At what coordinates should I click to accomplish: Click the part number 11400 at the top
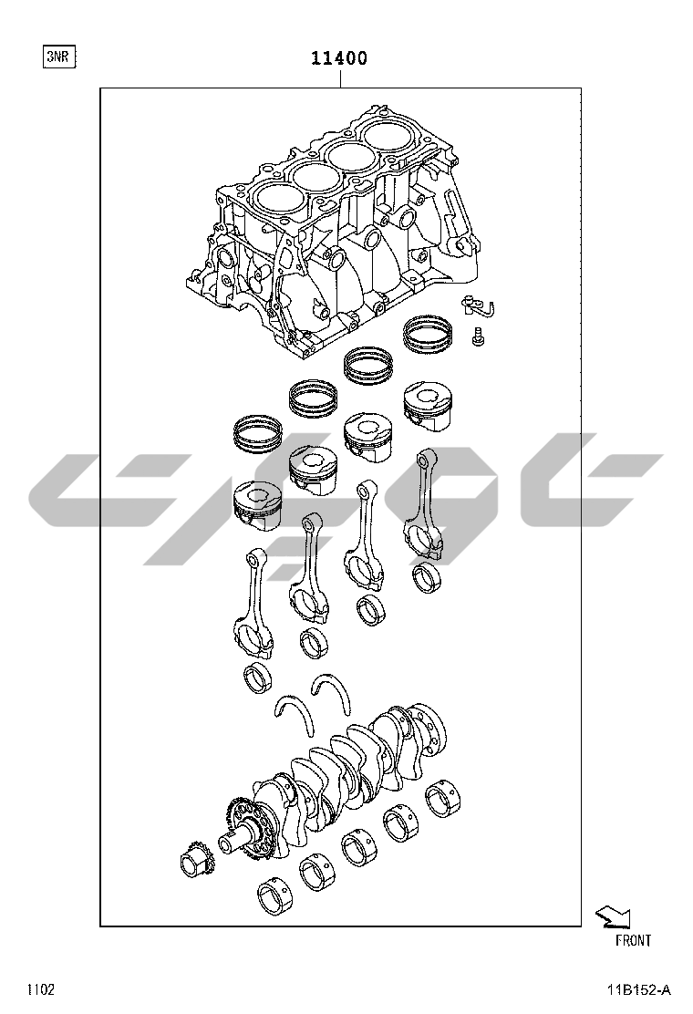point(339,58)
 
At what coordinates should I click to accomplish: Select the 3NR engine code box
point(59,57)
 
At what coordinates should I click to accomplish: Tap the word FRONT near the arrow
point(633,941)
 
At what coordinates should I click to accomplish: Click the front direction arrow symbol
point(613,917)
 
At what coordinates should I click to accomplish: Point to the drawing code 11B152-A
point(638,990)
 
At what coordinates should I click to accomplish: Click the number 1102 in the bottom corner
point(40,990)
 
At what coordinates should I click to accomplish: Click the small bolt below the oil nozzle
point(478,336)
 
